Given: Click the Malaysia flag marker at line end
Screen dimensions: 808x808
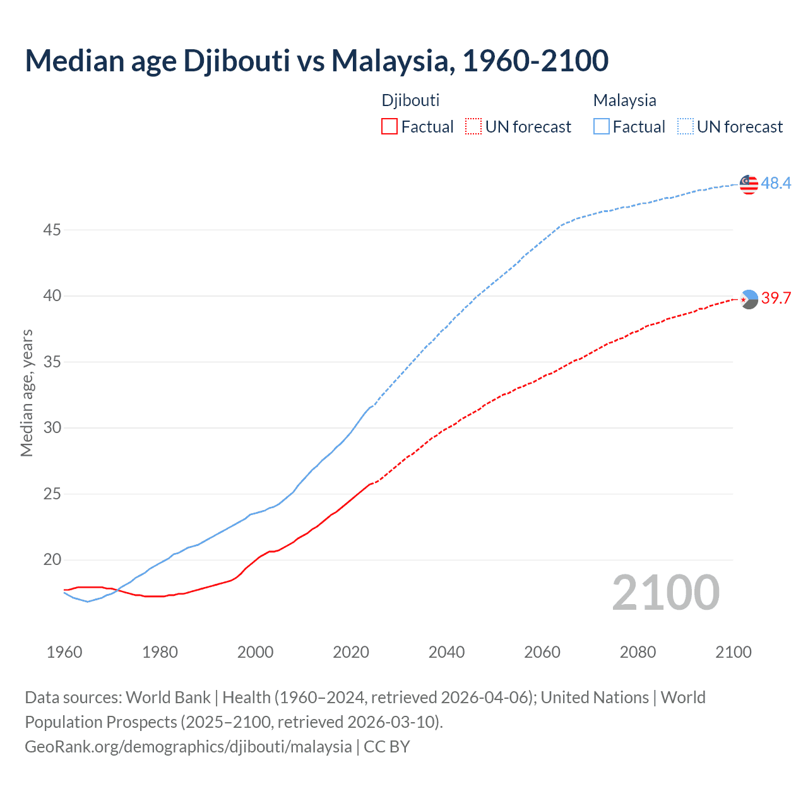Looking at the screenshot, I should coord(749,184).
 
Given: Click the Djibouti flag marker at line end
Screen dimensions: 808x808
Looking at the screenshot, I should coord(749,299).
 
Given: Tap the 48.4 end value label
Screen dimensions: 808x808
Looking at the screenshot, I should coord(776,184).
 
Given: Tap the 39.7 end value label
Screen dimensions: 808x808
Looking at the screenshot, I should coord(776,299).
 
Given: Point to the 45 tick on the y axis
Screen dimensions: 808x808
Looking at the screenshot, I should coord(52,230).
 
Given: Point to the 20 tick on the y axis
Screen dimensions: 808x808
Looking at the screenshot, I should coord(52,560).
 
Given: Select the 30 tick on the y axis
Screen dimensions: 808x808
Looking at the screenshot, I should coord(52,428).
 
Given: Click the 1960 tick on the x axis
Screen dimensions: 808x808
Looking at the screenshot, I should coord(64,652).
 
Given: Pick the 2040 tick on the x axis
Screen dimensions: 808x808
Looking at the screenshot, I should coord(446,652).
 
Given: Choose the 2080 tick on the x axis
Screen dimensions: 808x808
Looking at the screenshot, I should coord(638,652).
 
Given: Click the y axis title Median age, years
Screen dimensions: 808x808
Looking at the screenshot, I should coord(27,393).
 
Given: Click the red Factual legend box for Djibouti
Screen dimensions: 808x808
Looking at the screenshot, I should coord(389,127).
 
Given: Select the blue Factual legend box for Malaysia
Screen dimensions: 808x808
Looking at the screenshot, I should coord(602,127).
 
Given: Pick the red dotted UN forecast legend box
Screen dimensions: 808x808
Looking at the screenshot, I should coord(473,127).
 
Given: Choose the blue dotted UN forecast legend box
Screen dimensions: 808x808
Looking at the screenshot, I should coord(686,127).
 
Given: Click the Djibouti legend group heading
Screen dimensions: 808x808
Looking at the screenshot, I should coord(410,100).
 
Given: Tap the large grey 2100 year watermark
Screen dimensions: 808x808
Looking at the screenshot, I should coord(665,593).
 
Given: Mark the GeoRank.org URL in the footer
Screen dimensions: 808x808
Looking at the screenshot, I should coord(188,747).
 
